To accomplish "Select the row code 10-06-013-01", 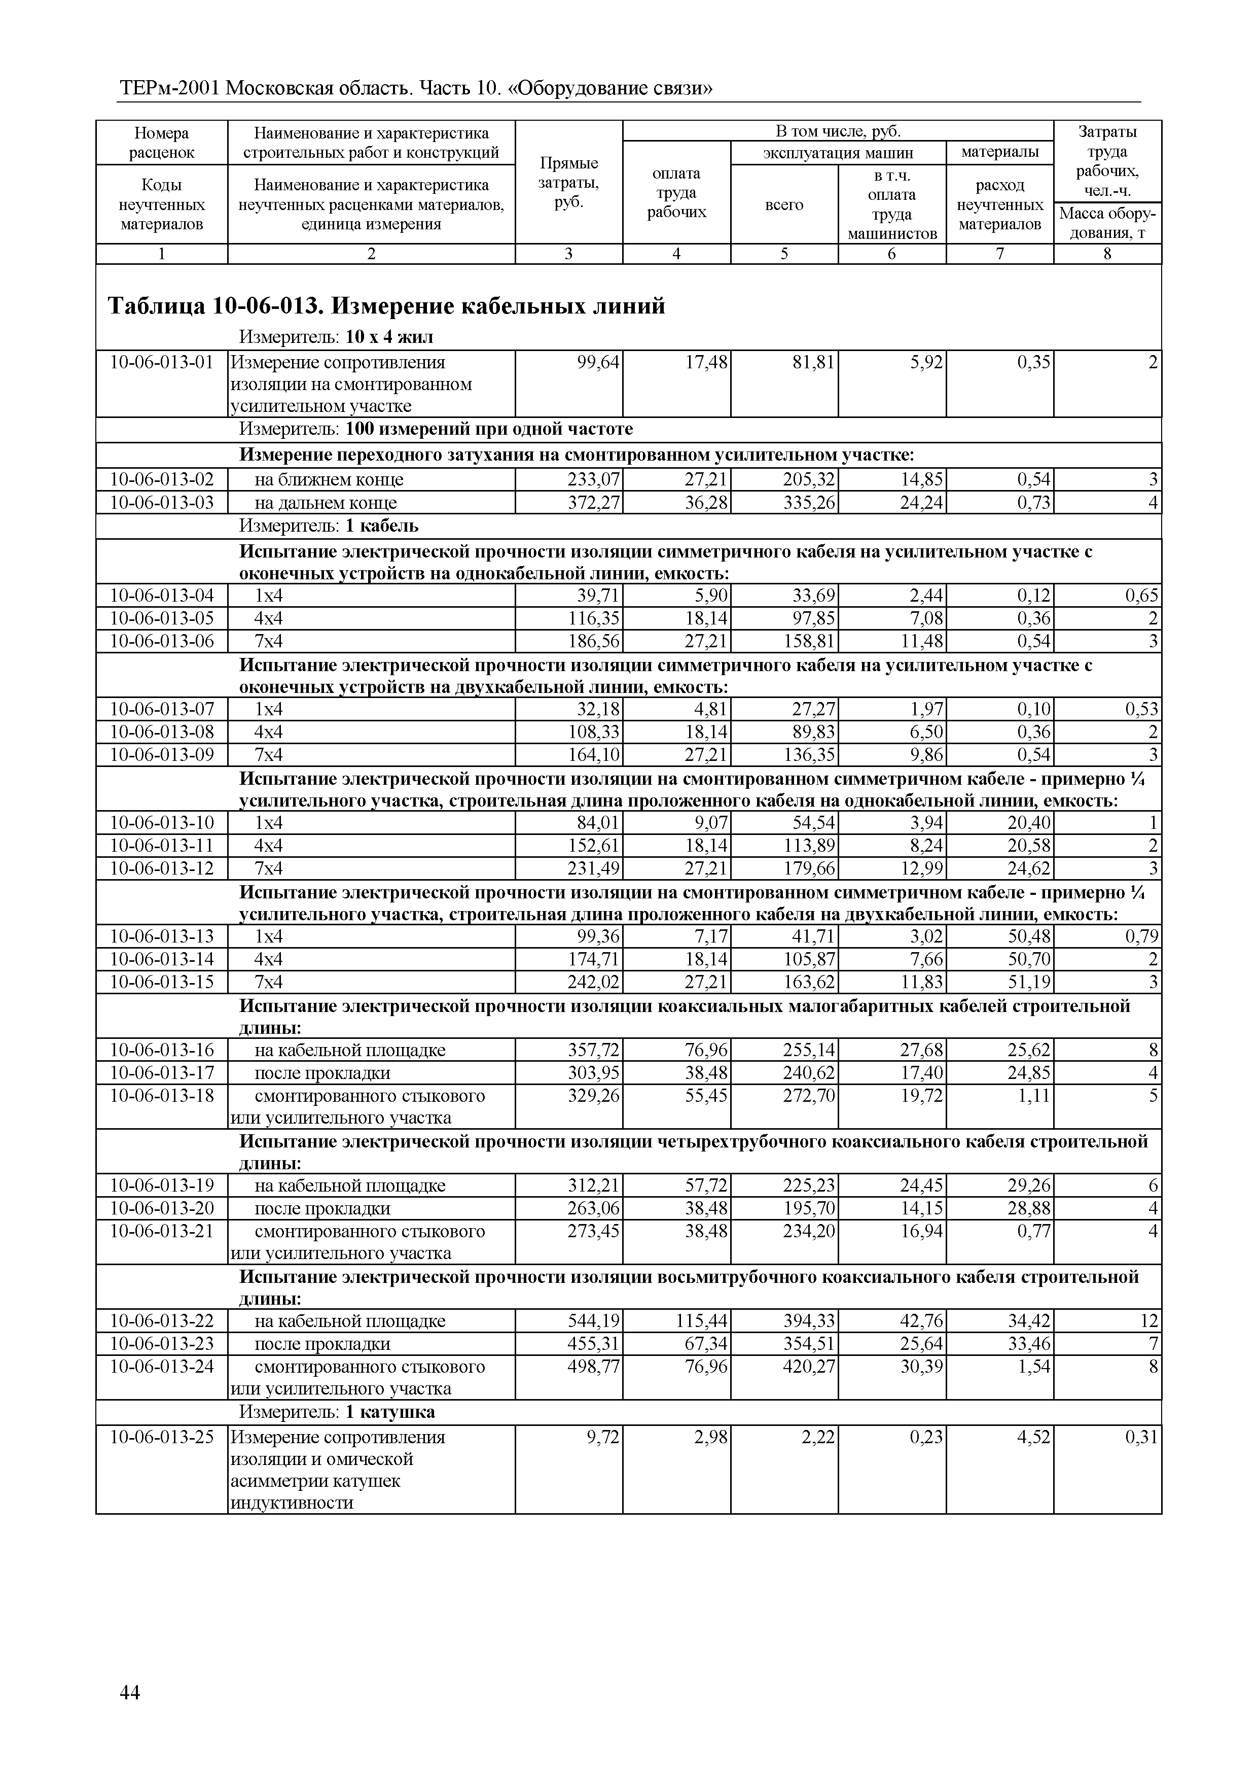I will pyautogui.click(x=162, y=363).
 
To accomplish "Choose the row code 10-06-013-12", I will pyautogui.click(x=162, y=868).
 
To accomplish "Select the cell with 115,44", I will pyautogui.click(x=702, y=1321).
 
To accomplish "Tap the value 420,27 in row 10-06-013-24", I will pyautogui.click(x=809, y=1367).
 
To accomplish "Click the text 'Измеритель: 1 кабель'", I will pyautogui.click(x=329, y=526).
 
